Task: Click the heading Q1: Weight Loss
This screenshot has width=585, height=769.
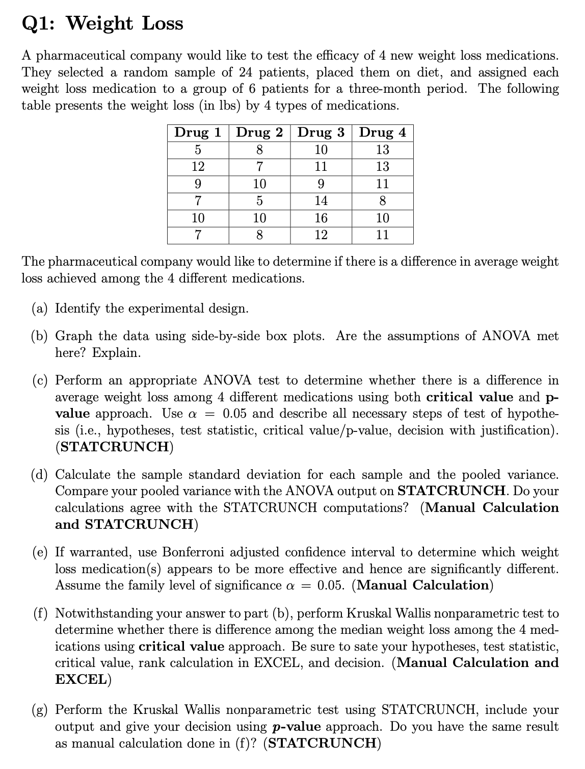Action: tap(102, 23)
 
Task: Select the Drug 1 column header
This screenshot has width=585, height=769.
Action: tap(198, 133)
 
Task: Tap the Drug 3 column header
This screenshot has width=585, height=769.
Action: tap(321, 133)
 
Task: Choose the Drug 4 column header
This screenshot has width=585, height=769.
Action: tap(383, 133)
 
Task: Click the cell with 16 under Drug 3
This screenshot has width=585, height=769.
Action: tap(321, 218)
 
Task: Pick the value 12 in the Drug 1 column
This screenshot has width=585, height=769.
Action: tap(198, 167)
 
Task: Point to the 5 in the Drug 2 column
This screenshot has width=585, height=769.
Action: tap(259, 201)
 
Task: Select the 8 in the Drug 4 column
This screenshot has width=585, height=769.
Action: tap(383, 201)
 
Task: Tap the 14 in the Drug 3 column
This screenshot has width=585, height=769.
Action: tap(321, 201)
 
